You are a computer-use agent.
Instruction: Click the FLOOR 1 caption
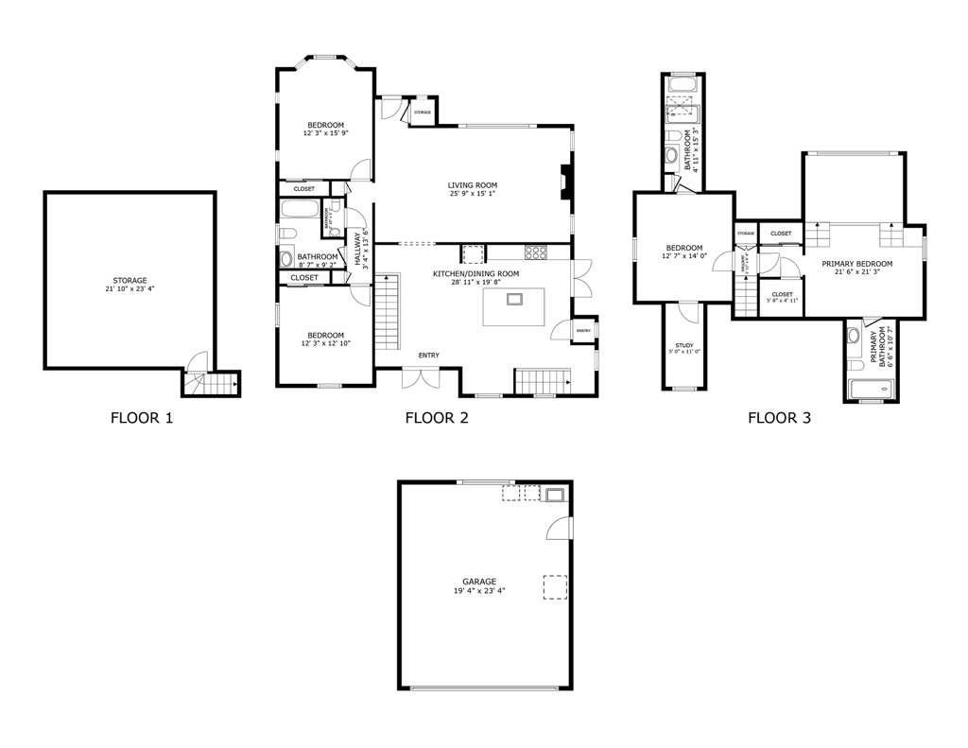142,417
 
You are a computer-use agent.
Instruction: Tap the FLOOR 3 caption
779,417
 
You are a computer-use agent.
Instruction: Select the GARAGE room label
479,582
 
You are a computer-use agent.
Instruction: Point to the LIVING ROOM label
473,185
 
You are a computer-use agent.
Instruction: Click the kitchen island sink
514,300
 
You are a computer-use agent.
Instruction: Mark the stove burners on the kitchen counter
537,252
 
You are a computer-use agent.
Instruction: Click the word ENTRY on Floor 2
428,356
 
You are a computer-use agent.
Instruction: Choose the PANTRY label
583,331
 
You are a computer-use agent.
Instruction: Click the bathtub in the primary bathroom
871,388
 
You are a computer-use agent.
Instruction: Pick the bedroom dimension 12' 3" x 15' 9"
324,134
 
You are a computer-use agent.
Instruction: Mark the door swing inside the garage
558,527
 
